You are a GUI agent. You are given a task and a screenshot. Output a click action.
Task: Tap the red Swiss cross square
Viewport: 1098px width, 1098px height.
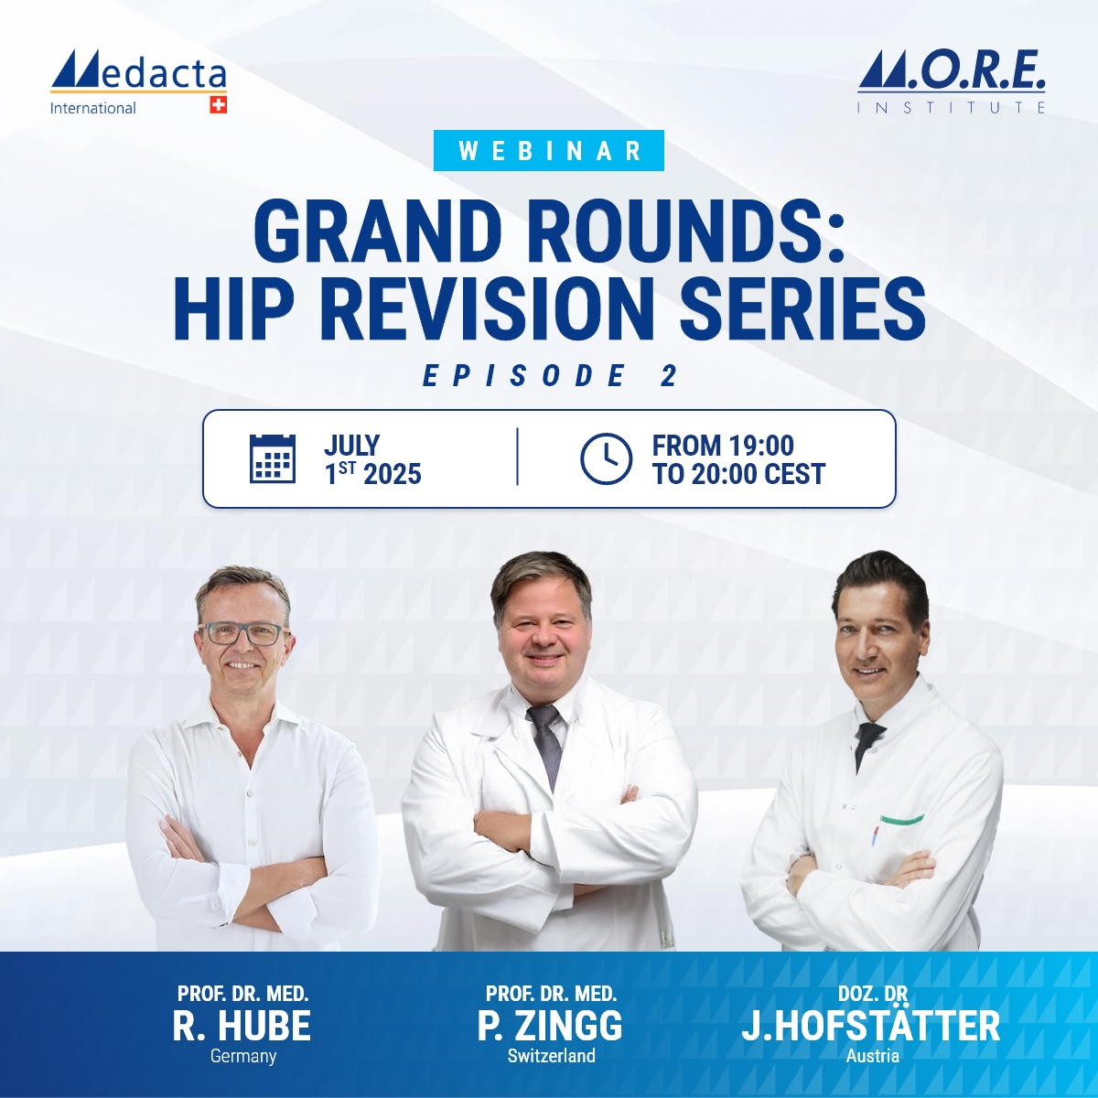(218, 105)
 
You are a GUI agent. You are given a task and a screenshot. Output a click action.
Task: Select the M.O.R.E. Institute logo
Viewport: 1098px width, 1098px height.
(952, 82)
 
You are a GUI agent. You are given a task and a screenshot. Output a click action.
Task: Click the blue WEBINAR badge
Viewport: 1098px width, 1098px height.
(549, 151)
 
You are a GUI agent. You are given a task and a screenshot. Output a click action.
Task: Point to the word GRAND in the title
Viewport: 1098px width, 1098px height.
(377, 231)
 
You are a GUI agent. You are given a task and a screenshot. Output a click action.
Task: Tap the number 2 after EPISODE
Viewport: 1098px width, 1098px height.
(669, 376)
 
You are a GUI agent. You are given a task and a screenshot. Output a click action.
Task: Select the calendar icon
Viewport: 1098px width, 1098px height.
(273, 458)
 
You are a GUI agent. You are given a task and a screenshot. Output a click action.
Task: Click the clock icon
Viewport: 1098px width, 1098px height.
(606, 458)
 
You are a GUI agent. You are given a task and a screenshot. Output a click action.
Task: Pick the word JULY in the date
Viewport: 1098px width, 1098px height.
(351, 446)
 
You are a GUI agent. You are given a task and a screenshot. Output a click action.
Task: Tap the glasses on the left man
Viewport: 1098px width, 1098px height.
(242, 632)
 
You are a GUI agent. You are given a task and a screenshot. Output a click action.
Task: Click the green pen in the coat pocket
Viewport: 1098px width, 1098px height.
(901, 819)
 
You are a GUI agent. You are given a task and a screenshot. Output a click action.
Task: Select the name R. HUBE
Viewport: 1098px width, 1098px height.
(242, 1027)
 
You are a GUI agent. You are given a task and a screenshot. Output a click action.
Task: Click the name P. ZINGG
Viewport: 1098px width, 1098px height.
(550, 1027)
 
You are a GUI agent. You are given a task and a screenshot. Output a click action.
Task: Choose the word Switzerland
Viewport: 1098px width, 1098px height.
(551, 1056)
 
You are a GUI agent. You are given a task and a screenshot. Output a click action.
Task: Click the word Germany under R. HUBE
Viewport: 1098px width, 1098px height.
(242, 1056)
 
